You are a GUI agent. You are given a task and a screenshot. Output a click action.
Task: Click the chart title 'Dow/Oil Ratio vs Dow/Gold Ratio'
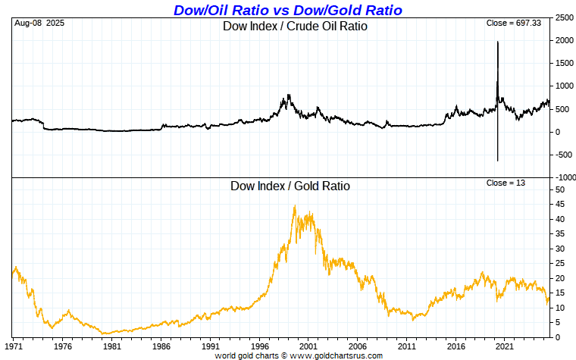coord(288,10)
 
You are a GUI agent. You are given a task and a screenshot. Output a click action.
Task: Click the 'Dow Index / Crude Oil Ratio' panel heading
coord(294,27)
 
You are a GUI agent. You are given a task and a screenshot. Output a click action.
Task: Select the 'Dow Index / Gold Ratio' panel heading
coord(290,186)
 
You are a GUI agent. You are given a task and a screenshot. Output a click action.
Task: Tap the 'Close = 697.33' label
coord(513,23)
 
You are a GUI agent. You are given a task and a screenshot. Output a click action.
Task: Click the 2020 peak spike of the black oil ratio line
coord(497,42)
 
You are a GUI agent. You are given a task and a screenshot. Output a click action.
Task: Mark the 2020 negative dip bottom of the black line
coord(497,160)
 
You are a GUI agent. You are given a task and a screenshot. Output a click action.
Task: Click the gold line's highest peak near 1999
coord(294,206)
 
